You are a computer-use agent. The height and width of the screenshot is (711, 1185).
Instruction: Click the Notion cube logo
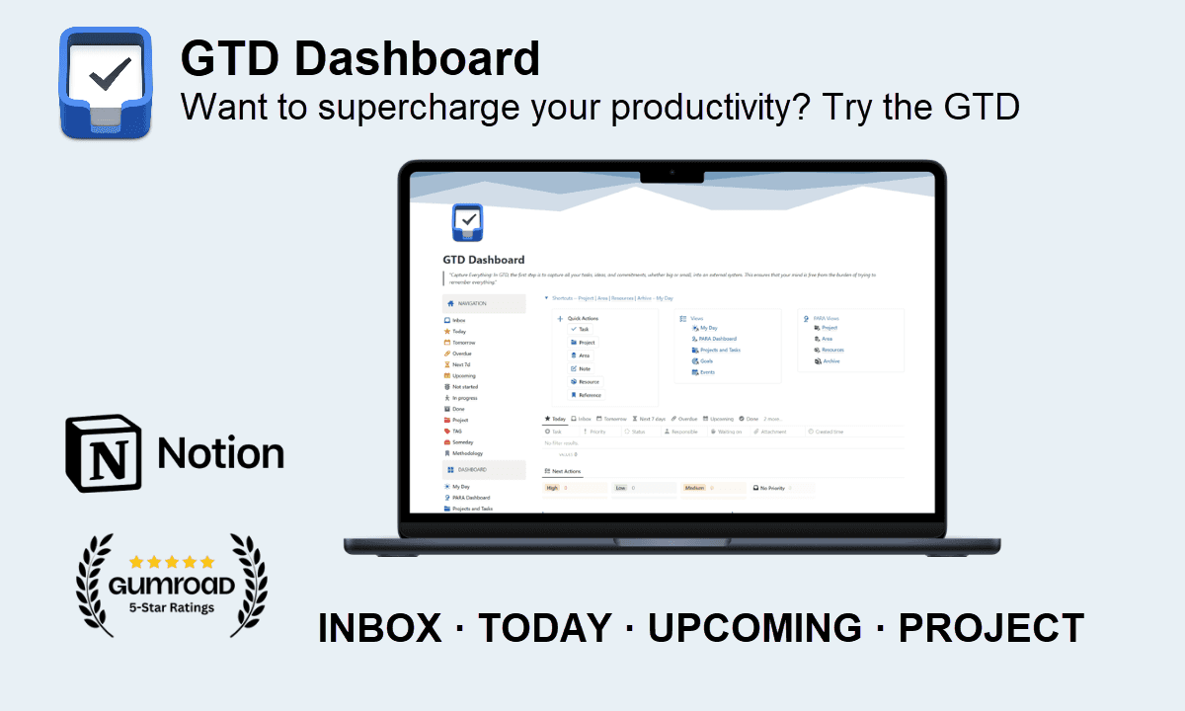click(x=104, y=452)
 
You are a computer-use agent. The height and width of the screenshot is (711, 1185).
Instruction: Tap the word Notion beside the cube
click(x=220, y=453)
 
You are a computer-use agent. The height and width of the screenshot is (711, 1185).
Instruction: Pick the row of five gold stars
click(x=172, y=562)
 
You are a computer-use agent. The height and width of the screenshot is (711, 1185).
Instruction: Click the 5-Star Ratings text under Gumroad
click(x=172, y=607)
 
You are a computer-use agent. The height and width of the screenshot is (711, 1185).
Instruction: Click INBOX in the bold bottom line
click(x=379, y=628)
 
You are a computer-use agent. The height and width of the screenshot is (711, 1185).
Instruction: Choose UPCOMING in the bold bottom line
click(x=754, y=628)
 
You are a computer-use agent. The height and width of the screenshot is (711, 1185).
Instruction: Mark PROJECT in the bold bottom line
click(x=990, y=628)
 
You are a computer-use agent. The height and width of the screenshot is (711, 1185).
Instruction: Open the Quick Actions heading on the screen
click(x=583, y=319)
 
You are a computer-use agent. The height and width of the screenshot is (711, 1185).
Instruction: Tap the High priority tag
click(x=553, y=488)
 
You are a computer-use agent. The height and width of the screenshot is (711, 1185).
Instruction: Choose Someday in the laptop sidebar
click(x=462, y=442)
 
